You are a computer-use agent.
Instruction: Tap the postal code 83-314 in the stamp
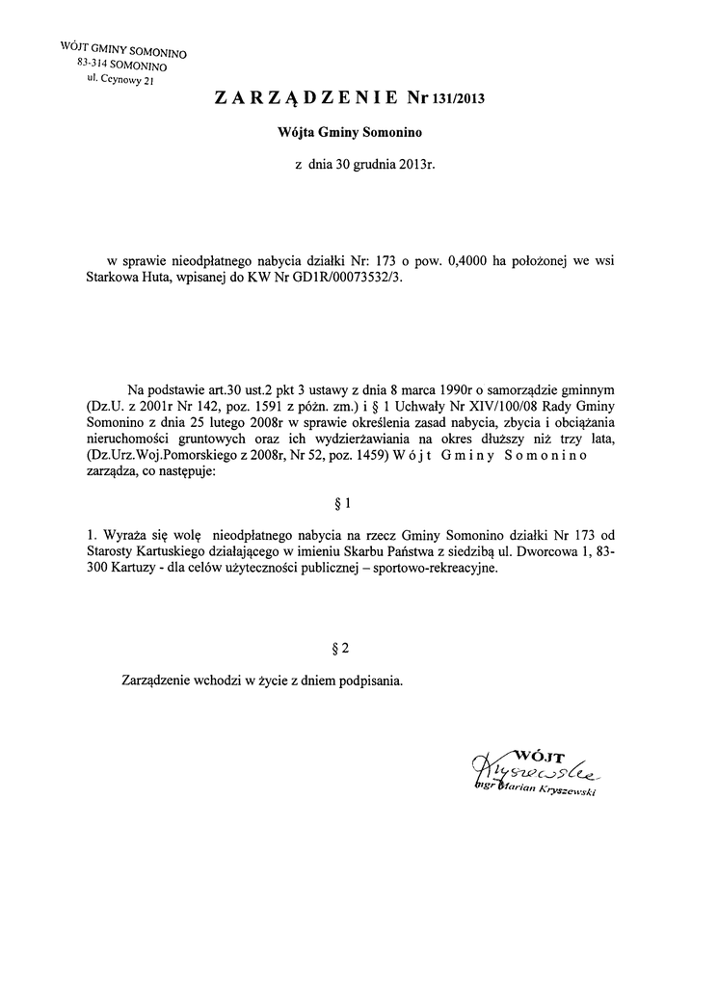[x=94, y=62]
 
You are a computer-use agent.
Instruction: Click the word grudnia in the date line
[x=374, y=165]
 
